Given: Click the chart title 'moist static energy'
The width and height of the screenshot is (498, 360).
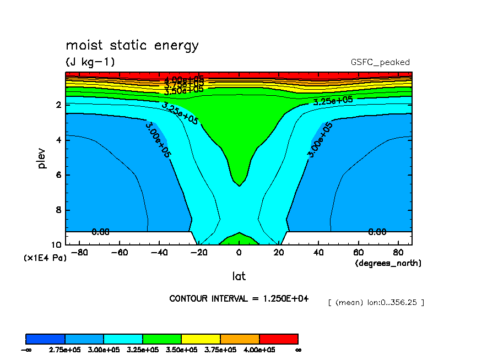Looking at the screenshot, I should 132,46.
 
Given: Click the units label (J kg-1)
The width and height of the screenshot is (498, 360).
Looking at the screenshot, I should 90,62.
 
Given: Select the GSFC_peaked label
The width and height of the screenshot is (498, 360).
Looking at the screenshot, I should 380,62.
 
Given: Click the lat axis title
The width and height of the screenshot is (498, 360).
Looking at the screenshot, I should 239,276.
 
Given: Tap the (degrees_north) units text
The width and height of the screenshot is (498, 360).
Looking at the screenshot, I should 388,263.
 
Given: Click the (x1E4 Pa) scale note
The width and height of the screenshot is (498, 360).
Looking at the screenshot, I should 45,257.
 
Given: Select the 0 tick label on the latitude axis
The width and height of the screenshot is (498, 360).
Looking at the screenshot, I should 239,253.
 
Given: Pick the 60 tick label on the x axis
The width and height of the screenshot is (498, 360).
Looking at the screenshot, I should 358,253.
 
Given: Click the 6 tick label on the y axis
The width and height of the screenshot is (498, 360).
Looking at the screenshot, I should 58,175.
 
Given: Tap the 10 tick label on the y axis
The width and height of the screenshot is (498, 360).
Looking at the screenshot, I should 56,245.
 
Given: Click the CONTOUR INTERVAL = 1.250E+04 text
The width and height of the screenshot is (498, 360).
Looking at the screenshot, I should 239,298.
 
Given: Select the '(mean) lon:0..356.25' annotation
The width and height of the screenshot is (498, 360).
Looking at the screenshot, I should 376,302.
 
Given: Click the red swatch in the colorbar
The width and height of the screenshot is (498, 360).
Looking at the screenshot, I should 278,339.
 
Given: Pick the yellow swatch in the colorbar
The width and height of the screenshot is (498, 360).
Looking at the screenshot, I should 201,339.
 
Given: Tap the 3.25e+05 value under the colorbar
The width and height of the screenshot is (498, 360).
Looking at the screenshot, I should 143,350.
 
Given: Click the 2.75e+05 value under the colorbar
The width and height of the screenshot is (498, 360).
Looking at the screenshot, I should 65,350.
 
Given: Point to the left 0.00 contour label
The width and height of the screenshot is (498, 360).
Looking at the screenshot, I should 100,232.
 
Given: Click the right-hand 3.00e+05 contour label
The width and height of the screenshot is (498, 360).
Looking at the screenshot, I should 320,140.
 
